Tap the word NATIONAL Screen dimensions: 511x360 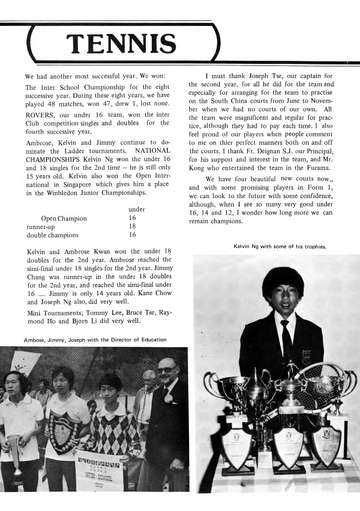152,150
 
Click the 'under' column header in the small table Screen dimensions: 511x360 137,210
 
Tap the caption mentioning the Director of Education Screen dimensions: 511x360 95,340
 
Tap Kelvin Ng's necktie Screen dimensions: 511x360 286,339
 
